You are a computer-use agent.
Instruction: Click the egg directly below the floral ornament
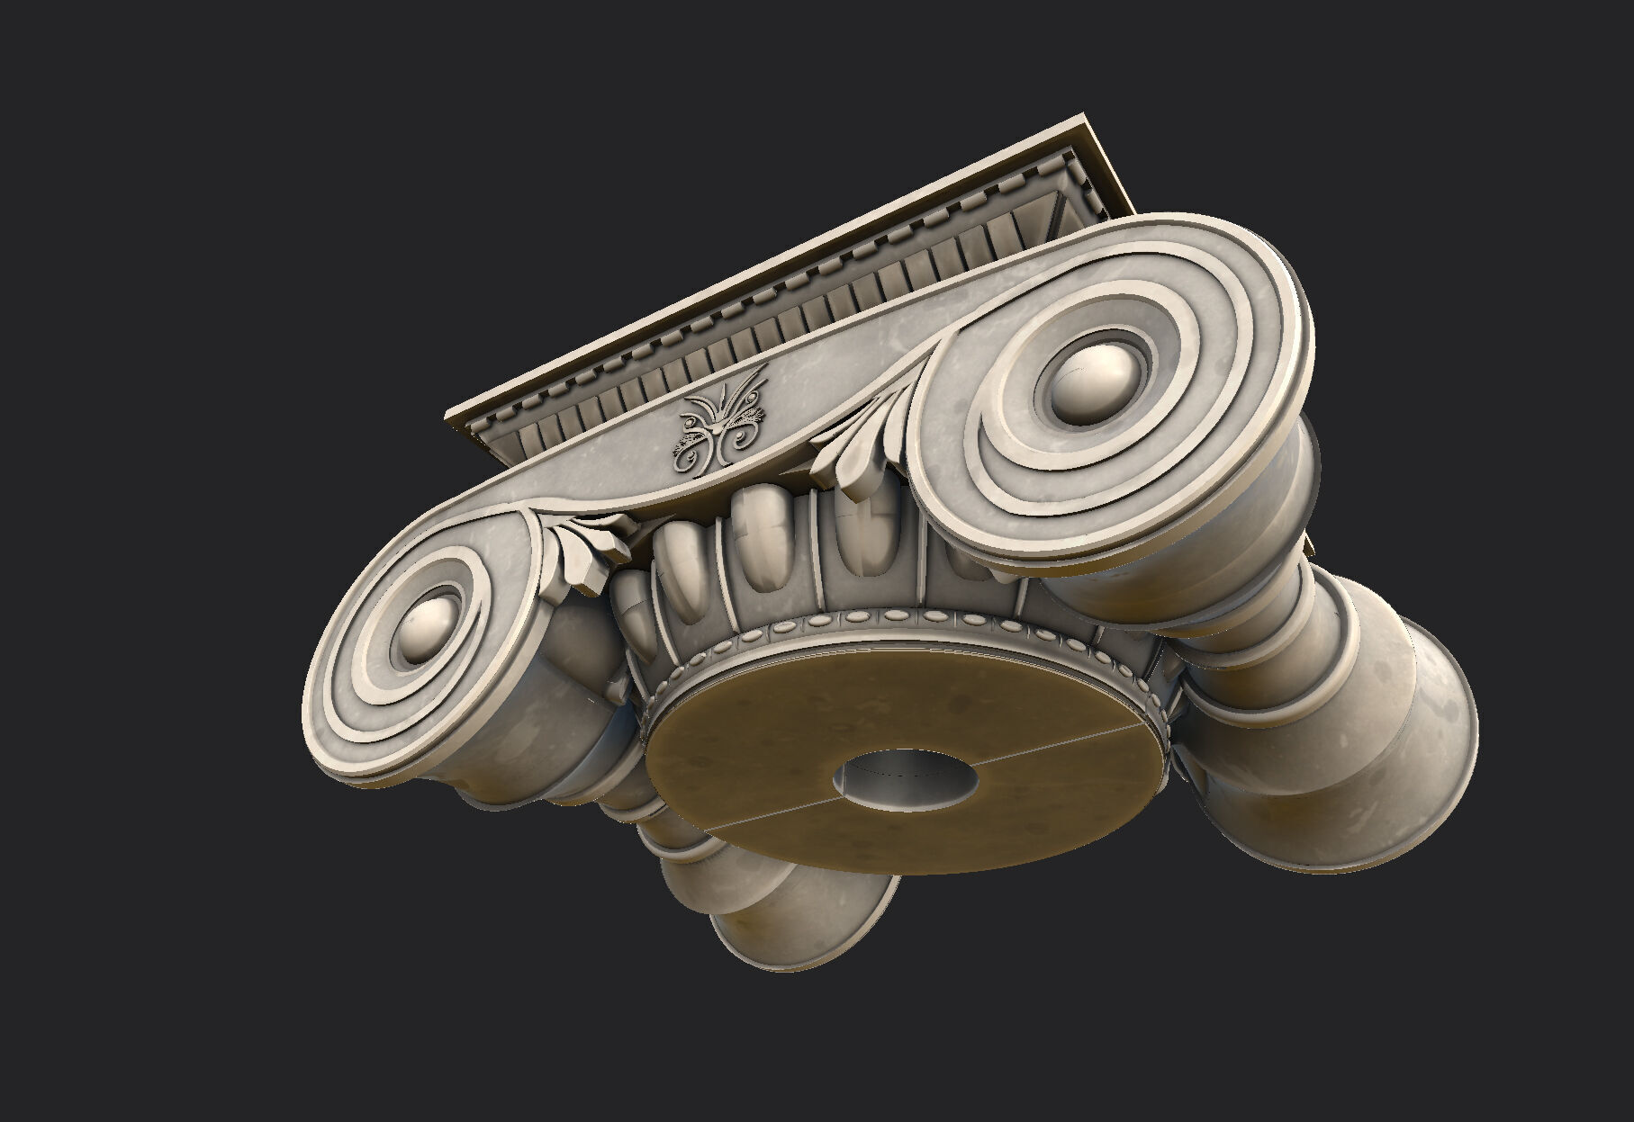[756, 531]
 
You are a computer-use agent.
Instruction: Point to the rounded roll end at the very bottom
[810, 927]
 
